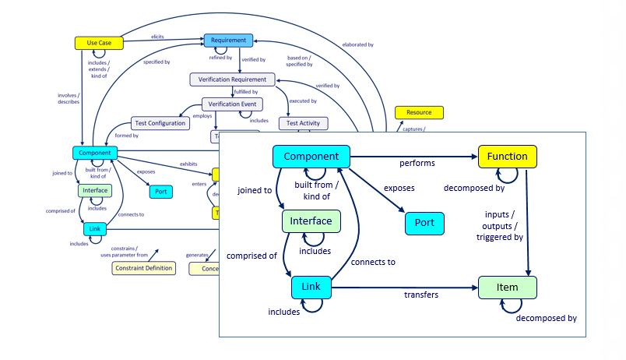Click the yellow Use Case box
click(100, 43)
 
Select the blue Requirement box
click(229, 40)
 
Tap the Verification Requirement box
click(232, 79)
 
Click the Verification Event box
click(233, 104)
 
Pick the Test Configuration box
click(160, 123)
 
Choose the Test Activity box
click(304, 123)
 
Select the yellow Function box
click(507, 157)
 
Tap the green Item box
click(507, 288)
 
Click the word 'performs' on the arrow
click(417, 164)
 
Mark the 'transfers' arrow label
click(420, 295)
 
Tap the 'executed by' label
click(303, 101)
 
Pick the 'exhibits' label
click(188, 164)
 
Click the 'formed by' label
click(126, 136)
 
